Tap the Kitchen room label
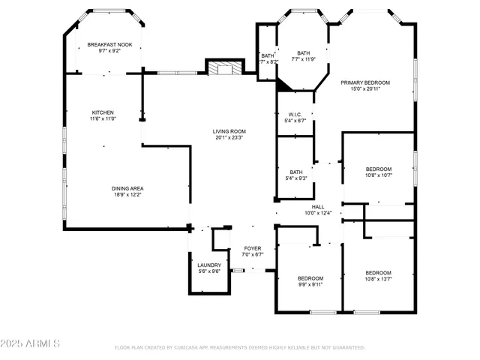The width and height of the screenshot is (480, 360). click(103, 112)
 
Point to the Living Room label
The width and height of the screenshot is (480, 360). click(230, 131)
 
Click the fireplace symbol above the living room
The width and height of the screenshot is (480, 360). click(225, 69)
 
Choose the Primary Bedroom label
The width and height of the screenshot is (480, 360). click(361, 82)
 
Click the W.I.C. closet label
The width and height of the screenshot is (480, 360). click(295, 114)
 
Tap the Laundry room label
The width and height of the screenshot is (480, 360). click(208, 265)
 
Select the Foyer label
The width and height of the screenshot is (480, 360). click(253, 248)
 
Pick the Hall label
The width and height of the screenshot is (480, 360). click(318, 206)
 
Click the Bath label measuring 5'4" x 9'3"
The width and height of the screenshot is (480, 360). click(295, 172)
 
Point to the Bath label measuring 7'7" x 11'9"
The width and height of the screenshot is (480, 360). click(303, 53)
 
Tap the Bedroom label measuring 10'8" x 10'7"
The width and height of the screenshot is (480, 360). click(378, 169)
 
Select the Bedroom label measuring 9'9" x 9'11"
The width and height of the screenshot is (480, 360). click(310, 278)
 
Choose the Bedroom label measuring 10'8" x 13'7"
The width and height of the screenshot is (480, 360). click(378, 272)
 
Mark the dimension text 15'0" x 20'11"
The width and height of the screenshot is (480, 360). click(361, 89)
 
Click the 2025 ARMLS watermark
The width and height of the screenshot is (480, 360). click(31, 343)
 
